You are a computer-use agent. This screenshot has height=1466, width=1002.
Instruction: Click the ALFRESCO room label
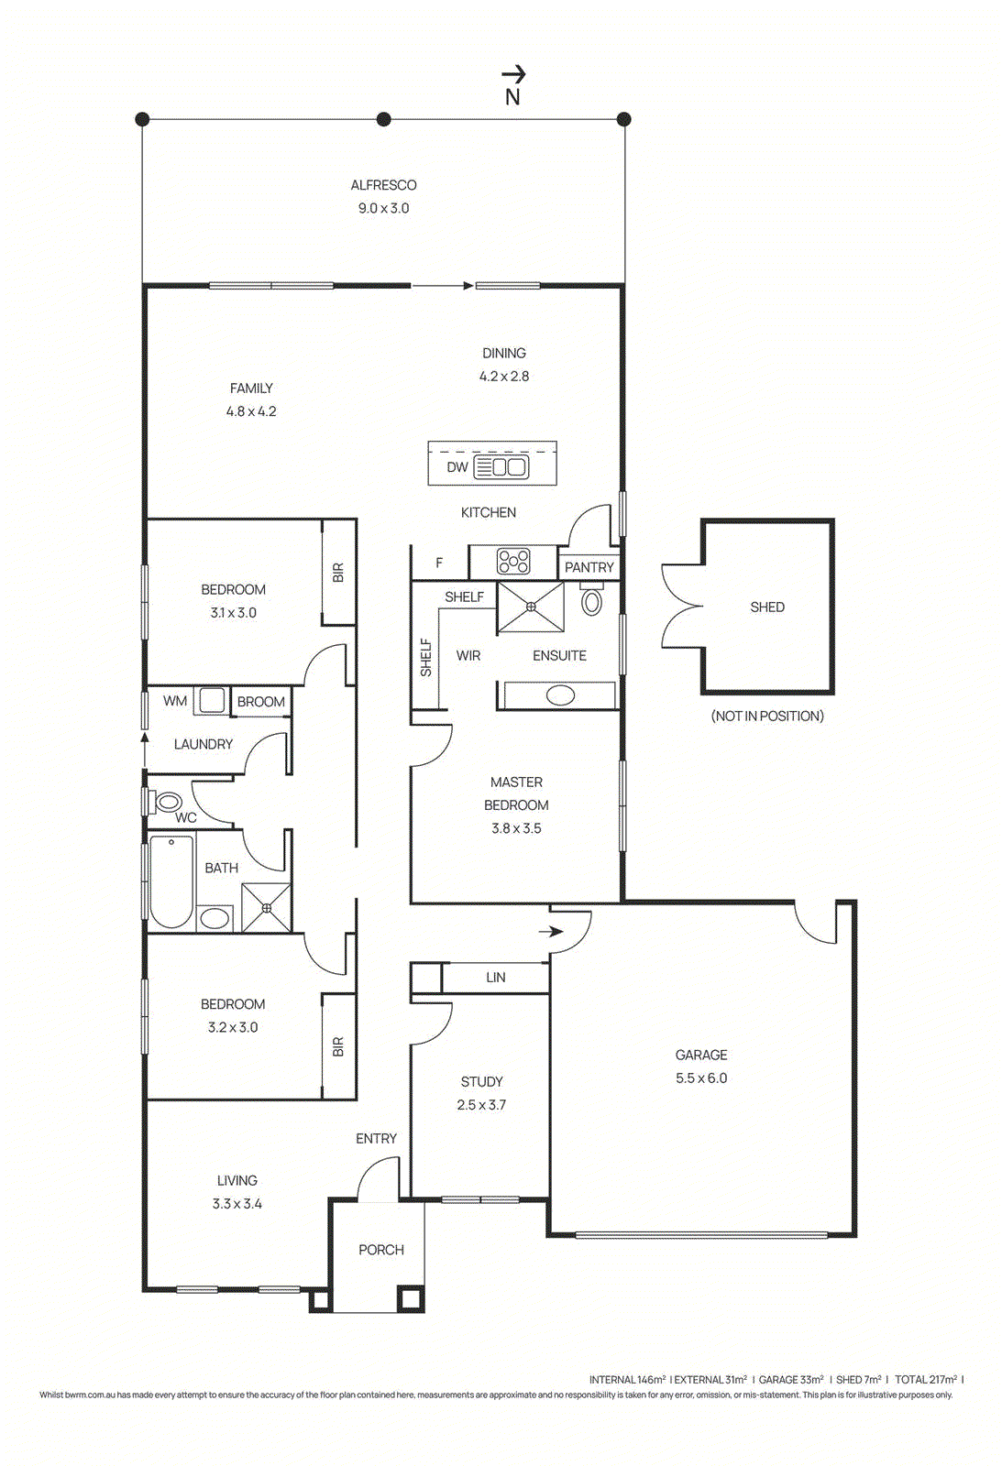(x=383, y=185)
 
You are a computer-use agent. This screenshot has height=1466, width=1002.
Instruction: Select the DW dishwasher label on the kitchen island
(x=457, y=467)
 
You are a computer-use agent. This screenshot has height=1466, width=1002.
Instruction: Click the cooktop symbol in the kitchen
(x=513, y=561)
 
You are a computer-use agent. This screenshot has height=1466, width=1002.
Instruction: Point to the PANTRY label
(x=589, y=568)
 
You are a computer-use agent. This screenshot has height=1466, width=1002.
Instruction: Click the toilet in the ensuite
(x=592, y=600)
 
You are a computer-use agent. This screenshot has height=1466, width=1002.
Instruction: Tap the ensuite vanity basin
(x=560, y=695)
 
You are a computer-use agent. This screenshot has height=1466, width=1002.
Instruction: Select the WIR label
(x=468, y=656)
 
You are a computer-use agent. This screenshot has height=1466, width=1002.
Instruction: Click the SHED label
(x=767, y=607)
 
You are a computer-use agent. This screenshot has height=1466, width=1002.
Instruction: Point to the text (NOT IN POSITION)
(x=767, y=717)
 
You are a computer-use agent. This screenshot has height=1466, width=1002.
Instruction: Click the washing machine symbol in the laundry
(x=212, y=700)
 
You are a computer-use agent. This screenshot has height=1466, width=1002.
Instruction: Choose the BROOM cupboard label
(x=261, y=702)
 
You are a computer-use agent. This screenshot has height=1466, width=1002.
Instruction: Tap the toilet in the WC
(x=168, y=803)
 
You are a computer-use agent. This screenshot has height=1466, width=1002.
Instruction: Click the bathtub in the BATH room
(x=171, y=881)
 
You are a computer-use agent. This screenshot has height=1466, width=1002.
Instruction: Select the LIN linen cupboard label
(x=496, y=978)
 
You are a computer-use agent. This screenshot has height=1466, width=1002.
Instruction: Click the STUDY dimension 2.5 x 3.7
(x=481, y=1105)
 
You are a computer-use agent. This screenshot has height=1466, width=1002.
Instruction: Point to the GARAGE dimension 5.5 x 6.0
(x=701, y=1078)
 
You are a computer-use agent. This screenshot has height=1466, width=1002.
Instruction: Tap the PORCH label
(x=381, y=1250)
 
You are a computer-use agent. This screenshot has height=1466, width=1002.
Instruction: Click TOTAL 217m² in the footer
(x=926, y=1379)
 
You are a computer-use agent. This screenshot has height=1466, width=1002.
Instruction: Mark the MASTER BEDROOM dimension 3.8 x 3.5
(x=516, y=828)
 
